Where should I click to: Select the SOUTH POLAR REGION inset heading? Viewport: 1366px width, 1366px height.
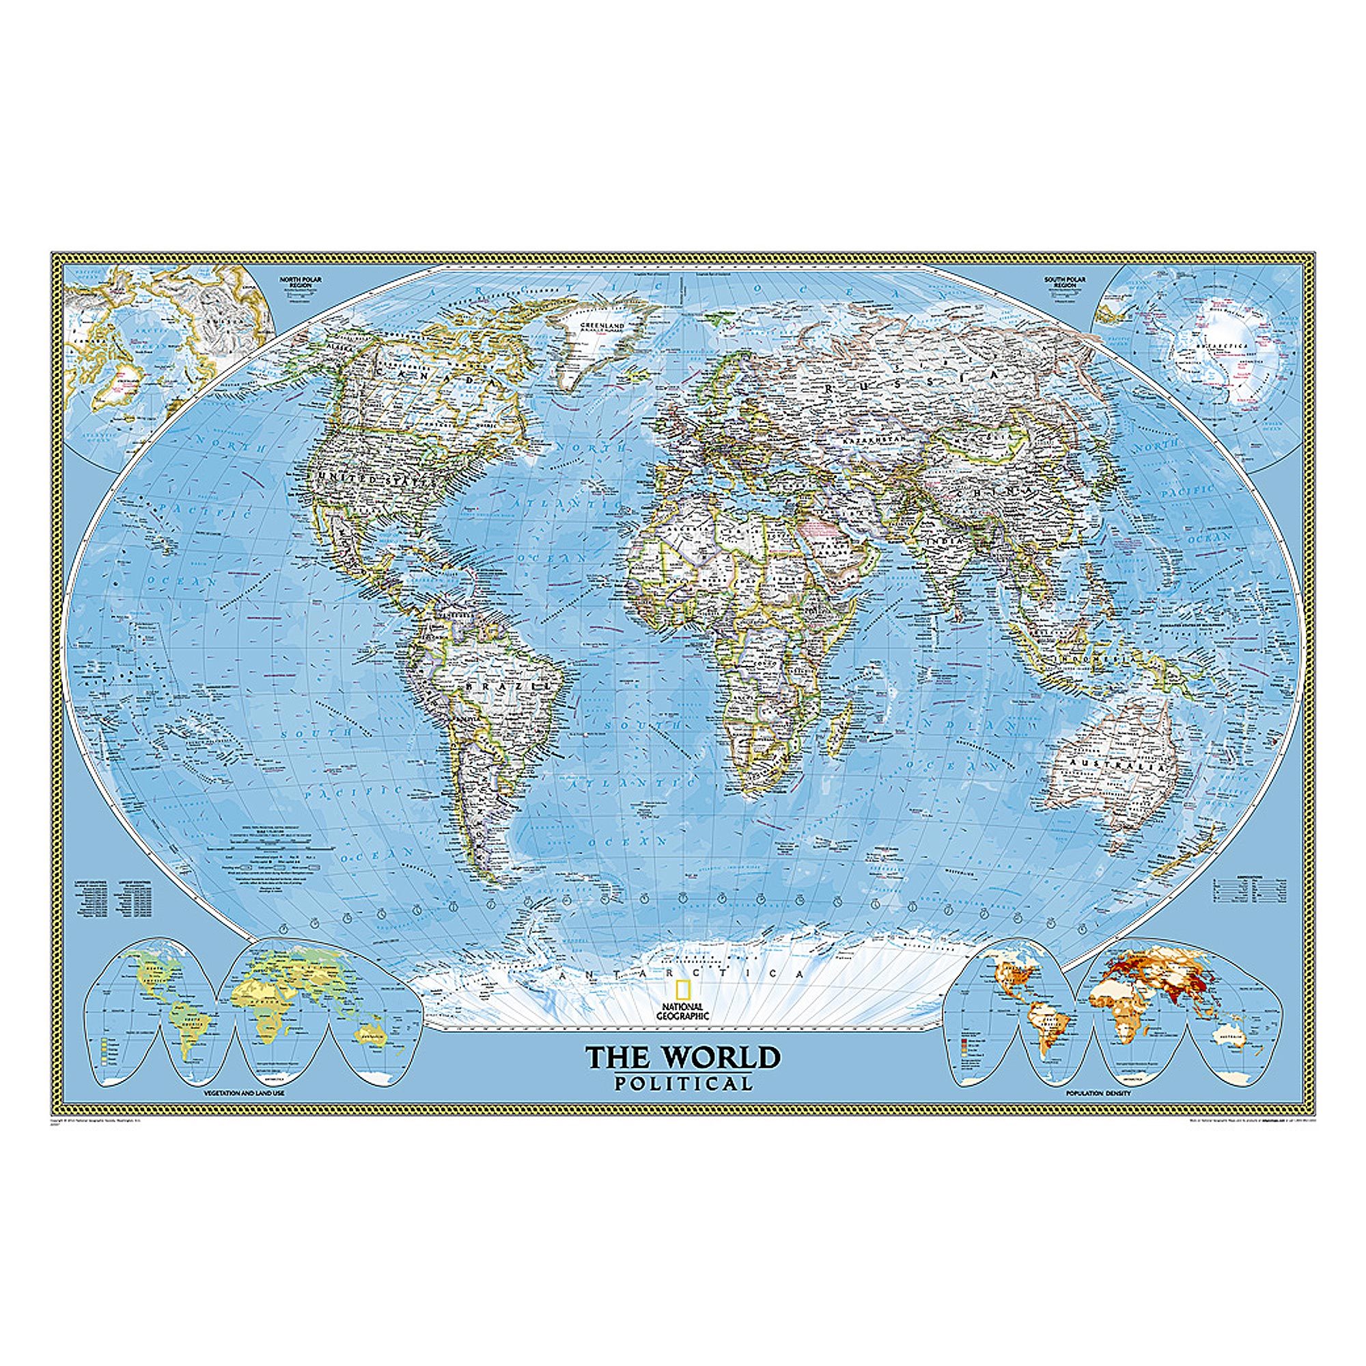tap(1064, 283)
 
